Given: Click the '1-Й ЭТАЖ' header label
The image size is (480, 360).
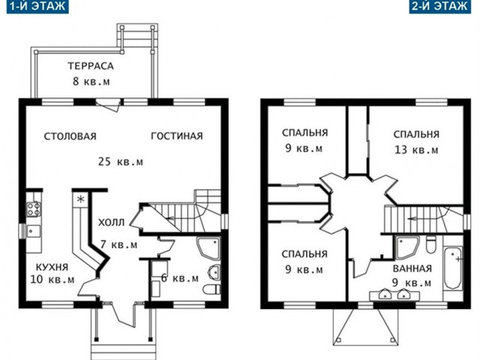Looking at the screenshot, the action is [x=37, y=7].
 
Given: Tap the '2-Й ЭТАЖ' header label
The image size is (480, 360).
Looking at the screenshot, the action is [x=440, y=7].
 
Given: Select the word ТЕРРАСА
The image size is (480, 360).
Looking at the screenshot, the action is [x=91, y=66].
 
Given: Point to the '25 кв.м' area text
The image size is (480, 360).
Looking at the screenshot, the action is [x=121, y=161].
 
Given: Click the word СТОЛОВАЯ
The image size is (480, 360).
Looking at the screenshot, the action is [x=70, y=136].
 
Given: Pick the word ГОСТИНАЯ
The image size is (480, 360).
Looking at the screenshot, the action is [x=177, y=136].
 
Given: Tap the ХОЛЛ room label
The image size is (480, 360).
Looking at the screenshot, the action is [x=112, y=223].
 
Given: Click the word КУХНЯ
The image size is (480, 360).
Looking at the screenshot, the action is [x=52, y=267].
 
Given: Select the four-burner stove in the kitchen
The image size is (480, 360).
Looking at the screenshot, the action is [x=33, y=209].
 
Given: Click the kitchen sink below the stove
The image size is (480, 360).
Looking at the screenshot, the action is [x=33, y=232].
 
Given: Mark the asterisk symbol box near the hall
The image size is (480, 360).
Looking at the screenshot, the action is [x=80, y=199].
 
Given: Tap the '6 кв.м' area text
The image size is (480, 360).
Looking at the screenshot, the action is [x=180, y=278].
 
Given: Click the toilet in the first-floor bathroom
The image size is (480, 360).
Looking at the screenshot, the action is [x=211, y=289].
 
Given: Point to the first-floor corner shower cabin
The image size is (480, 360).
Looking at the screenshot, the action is [x=208, y=248].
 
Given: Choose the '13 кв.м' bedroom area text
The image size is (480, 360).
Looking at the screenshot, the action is [x=416, y=150].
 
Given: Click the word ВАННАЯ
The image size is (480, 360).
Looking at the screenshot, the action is [x=412, y=268].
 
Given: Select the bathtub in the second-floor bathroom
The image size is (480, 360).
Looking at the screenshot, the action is [x=453, y=268].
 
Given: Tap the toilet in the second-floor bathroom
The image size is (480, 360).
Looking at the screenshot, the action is [x=431, y=244].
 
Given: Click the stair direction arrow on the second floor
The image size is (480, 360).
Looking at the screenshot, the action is [x=414, y=219].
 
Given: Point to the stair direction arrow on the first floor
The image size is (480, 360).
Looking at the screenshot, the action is [x=170, y=218].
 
